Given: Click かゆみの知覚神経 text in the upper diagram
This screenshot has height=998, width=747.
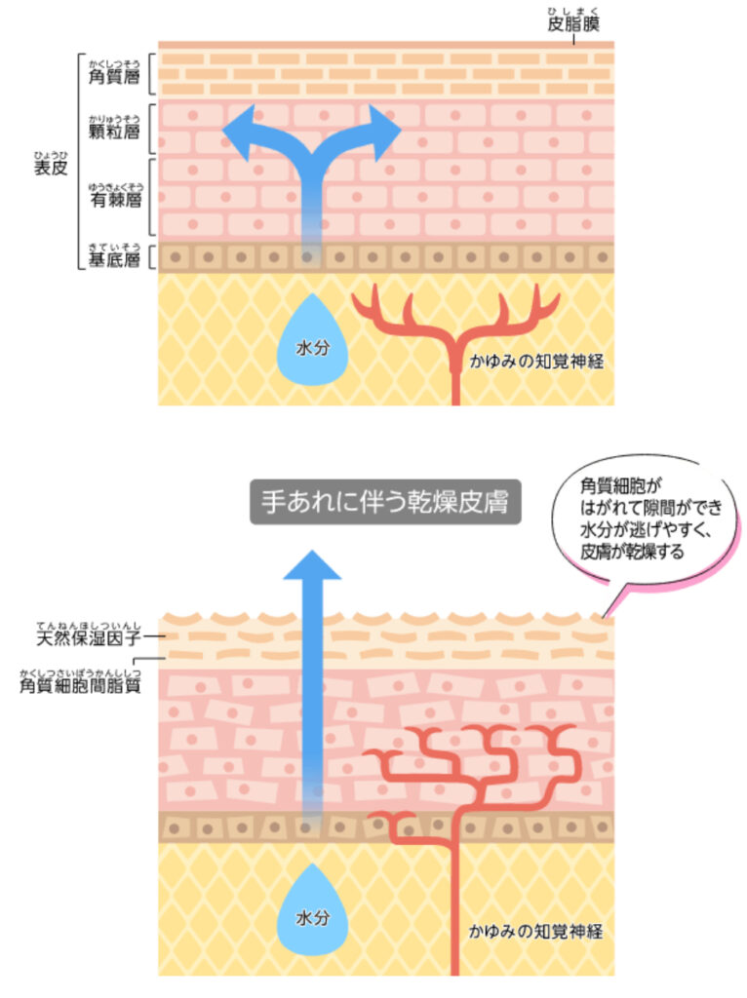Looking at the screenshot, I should tap(536, 362).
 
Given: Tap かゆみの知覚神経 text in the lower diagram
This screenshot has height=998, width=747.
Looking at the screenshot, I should tap(536, 931).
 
